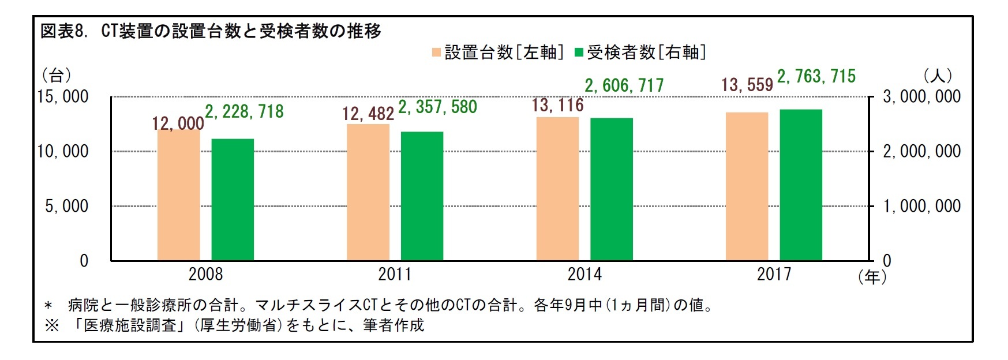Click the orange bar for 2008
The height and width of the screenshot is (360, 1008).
point(178,196)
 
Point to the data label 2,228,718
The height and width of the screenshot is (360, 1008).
point(245,111)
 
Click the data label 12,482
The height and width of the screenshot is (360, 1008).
point(368,114)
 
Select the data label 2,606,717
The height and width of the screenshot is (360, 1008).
point(624,86)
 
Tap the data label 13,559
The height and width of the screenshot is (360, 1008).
point(747,85)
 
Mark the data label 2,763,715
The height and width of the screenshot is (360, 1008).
point(816,76)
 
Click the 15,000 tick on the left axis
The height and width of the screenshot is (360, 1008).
point(63,96)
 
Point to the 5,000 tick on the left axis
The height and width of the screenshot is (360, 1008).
point(67,206)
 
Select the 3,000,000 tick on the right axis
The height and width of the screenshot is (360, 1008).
point(921,96)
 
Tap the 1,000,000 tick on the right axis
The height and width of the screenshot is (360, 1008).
point(921,206)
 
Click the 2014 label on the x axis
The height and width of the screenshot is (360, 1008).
point(584,274)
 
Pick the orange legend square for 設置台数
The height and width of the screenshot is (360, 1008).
point(436,52)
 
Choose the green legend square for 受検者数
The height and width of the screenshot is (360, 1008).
point(579,52)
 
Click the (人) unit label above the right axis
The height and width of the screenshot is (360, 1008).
point(938,76)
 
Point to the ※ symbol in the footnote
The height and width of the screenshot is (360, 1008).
point(52,325)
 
